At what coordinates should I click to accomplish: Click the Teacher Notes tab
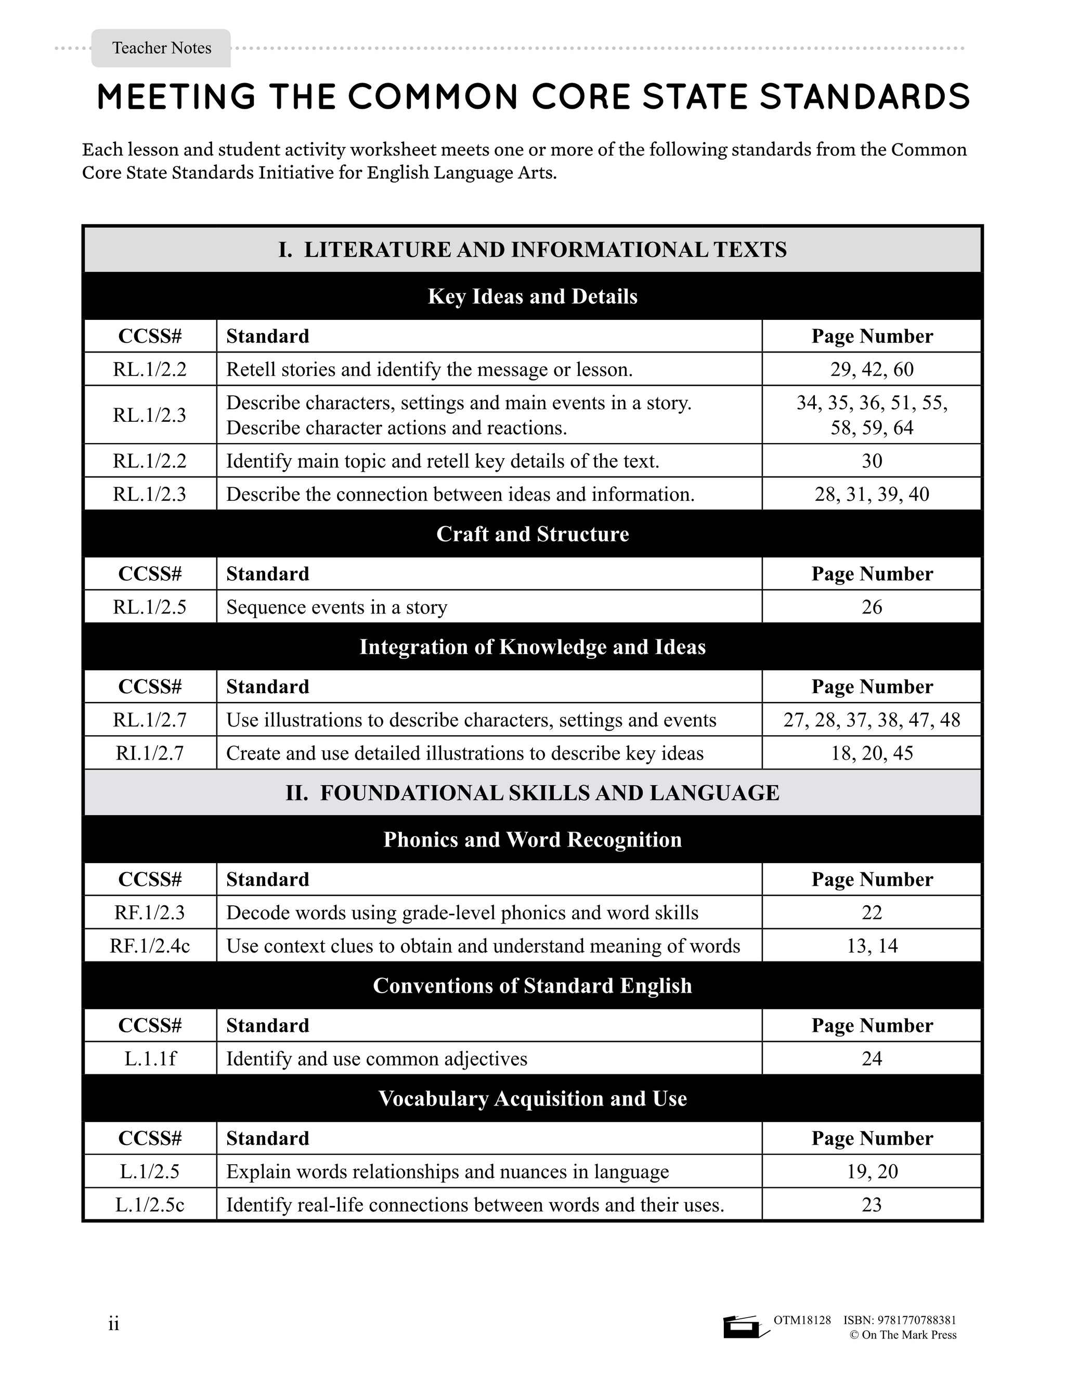(x=162, y=48)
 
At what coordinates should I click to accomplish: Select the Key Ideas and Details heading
(x=532, y=296)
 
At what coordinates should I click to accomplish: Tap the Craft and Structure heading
(x=532, y=534)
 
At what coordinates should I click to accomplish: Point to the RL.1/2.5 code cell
(x=150, y=607)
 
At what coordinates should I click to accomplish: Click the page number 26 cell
(x=872, y=607)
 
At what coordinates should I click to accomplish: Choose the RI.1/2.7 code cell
(x=150, y=753)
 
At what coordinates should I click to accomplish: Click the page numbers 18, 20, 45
(x=872, y=753)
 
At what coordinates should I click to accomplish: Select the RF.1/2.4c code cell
(x=150, y=946)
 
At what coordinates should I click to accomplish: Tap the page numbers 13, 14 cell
(x=872, y=946)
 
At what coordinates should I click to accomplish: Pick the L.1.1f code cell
(x=150, y=1058)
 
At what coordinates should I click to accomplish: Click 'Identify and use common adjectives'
(x=376, y=1058)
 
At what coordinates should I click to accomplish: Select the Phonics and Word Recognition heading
(x=532, y=840)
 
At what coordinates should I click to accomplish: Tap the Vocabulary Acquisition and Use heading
(x=532, y=1098)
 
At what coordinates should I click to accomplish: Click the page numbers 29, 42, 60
(x=872, y=369)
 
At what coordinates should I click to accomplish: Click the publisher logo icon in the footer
(x=745, y=1327)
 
